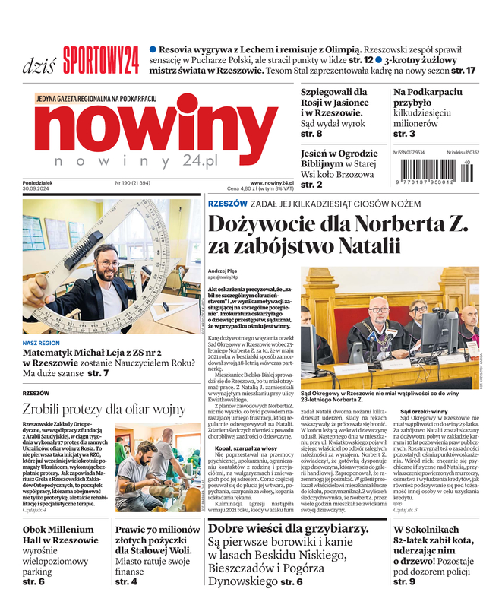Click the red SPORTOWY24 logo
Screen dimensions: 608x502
pyautogui.click(x=100, y=59)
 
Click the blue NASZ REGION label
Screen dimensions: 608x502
pyautogui.click(x=43, y=344)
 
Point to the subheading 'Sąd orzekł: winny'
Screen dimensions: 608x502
pyautogui.click(x=424, y=411)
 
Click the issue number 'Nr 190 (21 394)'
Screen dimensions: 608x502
pyautogui.click(x=133, y=182)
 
